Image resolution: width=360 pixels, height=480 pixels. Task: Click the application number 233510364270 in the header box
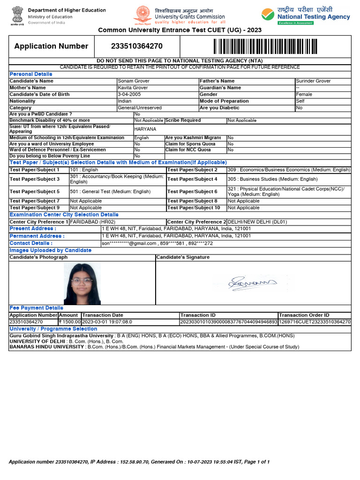point(137,46)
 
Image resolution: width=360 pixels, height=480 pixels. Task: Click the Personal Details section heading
point(31,74)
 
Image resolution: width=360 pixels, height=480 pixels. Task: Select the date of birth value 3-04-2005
point(129,94)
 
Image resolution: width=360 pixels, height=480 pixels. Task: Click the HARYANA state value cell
point(145,129)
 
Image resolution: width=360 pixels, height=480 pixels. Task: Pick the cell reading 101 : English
point(84,170)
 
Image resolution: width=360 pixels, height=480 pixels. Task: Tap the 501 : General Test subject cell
point(110,192)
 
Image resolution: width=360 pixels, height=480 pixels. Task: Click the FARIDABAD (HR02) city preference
point(92,222)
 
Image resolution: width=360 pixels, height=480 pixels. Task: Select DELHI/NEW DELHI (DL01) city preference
point(257,222)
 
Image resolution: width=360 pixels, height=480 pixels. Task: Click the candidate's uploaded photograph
point(82,284)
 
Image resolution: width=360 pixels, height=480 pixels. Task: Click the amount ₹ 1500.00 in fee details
point(70,322)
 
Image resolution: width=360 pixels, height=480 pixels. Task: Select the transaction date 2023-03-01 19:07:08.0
point(107,322)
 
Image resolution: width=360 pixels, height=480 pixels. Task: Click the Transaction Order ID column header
point(304,315)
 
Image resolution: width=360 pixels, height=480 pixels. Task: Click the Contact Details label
point(31,243)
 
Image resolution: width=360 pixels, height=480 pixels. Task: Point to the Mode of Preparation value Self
point(300,101)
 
